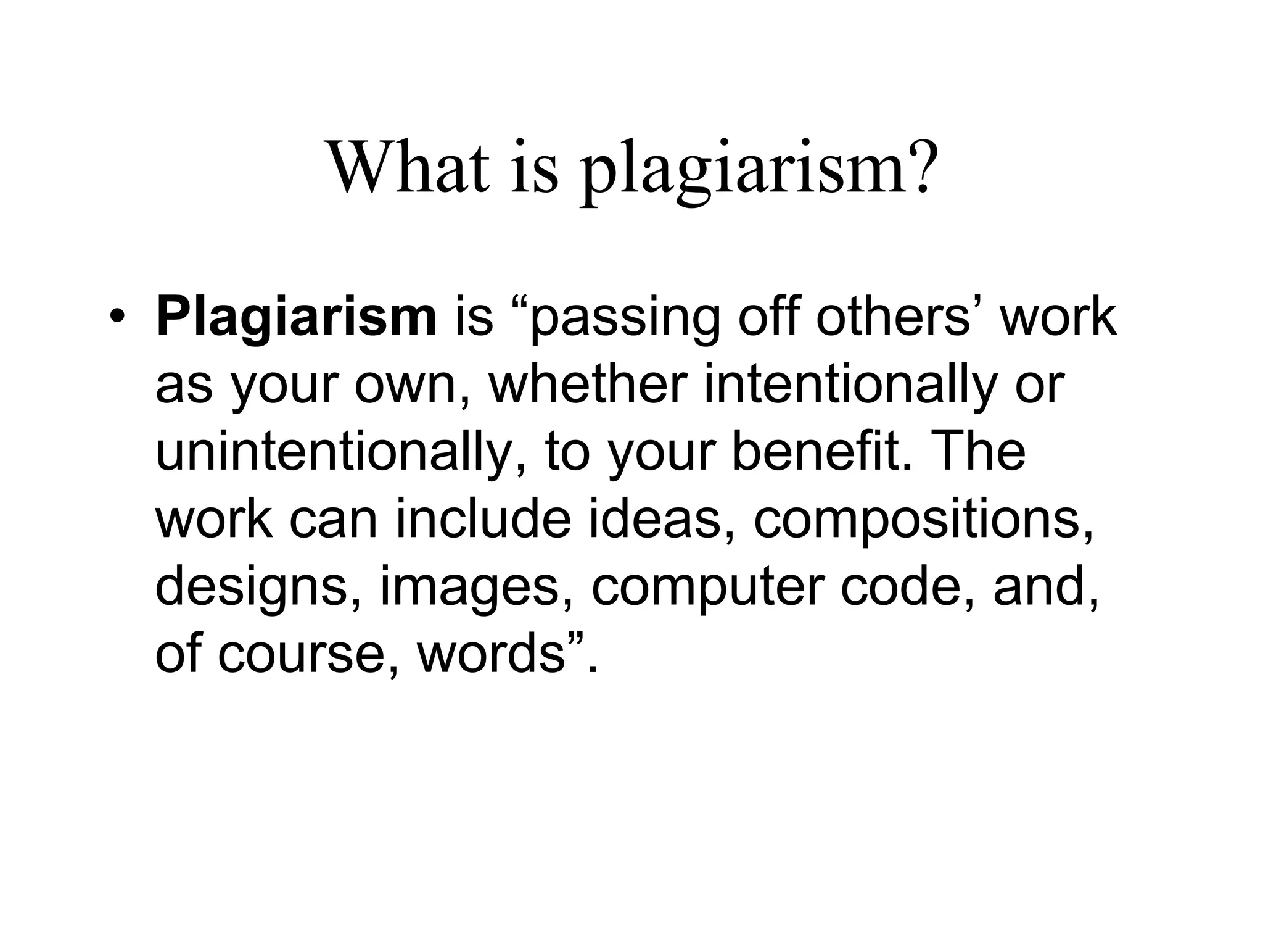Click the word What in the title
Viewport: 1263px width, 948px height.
pyautogui.click(x=409, y=167)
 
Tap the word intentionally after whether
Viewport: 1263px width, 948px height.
pyautogui.click(x=851, y=386)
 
